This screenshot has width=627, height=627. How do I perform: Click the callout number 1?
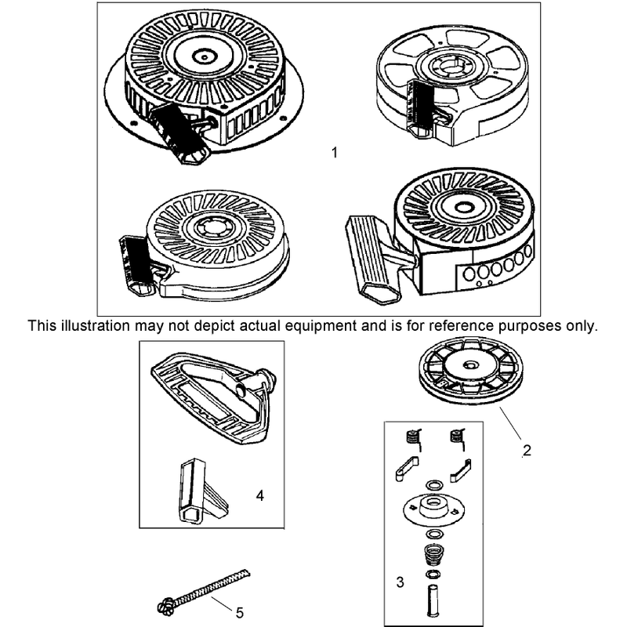335,152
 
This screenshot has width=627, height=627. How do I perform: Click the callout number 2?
527,450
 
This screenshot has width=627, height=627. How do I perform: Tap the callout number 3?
400,582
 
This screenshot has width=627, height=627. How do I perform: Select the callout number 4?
260,496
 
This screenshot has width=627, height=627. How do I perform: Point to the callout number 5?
240,613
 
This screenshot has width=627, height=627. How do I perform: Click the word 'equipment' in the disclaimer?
321,326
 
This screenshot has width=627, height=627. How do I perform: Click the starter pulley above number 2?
471,370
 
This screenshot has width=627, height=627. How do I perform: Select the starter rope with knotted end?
204,592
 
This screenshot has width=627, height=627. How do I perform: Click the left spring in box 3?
413,438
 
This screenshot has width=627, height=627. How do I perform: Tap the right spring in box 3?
457,438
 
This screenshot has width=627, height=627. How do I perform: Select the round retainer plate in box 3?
434,508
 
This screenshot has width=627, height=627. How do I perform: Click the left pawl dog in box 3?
406,469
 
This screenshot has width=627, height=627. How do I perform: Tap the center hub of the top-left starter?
205,56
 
